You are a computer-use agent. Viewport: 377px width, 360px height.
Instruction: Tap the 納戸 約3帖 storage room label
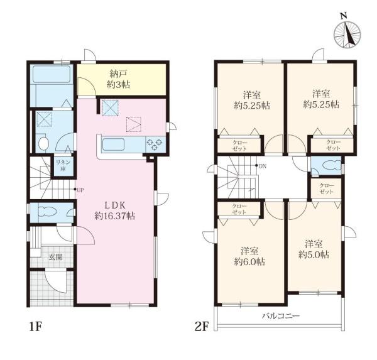pyautogui.click(x=118, y=79)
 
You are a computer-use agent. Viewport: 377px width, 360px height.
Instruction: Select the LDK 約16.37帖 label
pyautogui.click(x=114, y=210)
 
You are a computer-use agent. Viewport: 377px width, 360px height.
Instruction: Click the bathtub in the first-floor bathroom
pyautogui.click(x=52, y=74)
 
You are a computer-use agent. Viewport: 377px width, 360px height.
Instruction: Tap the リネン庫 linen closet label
pyautogui.click(x=63, y=165)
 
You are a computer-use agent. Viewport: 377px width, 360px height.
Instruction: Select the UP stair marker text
pyautogui.click(x=80, y=190)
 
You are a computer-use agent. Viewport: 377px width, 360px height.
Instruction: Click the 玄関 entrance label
pyautogui.click(x=55, y=257)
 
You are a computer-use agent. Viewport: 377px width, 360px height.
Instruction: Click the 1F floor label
pyautogui.click(x=36, y=327)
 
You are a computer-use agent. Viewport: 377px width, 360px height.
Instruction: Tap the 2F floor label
pyautogui.click(x=201, y=327)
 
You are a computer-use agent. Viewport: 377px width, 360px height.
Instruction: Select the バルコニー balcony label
pyautogui.click(x=281, y=315)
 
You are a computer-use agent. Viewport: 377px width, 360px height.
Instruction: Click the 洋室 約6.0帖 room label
pyautogui.click(x=249, y=256)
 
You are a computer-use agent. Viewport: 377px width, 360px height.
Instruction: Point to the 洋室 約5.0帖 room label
pyautogui.click(x=314, y=249)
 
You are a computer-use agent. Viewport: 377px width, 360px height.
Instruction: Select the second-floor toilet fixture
pyautogui.click(x=332, y=165)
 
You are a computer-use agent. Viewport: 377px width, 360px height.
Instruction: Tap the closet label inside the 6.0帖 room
pyautogui.click(x=239, y=209)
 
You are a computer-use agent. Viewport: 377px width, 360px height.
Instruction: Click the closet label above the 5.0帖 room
pyautogui.click(x=327, y=188)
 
